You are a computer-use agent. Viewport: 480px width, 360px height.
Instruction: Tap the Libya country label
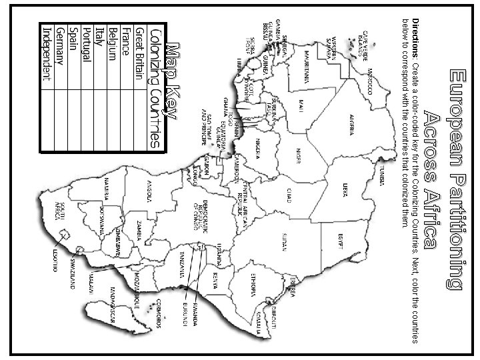[345, 189]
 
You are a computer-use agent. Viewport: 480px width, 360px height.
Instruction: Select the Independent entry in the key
[46, 53]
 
